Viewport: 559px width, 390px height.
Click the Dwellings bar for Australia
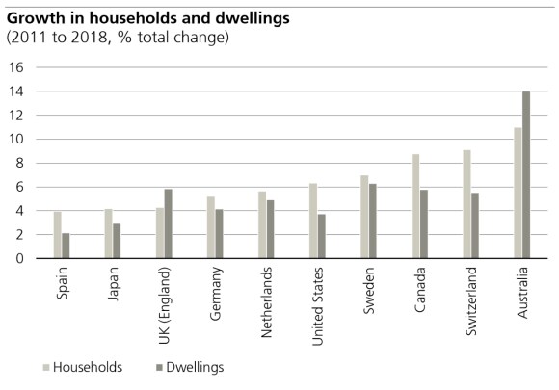pos(526,174)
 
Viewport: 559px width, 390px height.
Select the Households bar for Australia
pos(517,193)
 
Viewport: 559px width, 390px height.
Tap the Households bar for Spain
pos(58,235)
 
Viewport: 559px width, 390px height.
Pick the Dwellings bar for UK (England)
pos(170,223)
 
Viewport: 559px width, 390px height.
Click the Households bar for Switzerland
pos(466,204)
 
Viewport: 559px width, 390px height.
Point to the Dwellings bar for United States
pos(321,236)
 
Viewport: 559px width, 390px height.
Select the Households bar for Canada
pos(414,206)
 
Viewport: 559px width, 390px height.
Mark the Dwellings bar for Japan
pos(118,241)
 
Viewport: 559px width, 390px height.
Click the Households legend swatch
pos(44,367)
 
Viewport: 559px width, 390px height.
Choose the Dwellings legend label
pos(193,367)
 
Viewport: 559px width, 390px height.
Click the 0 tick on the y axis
pos(18,258)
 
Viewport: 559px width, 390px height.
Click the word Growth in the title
pos(34,18)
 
